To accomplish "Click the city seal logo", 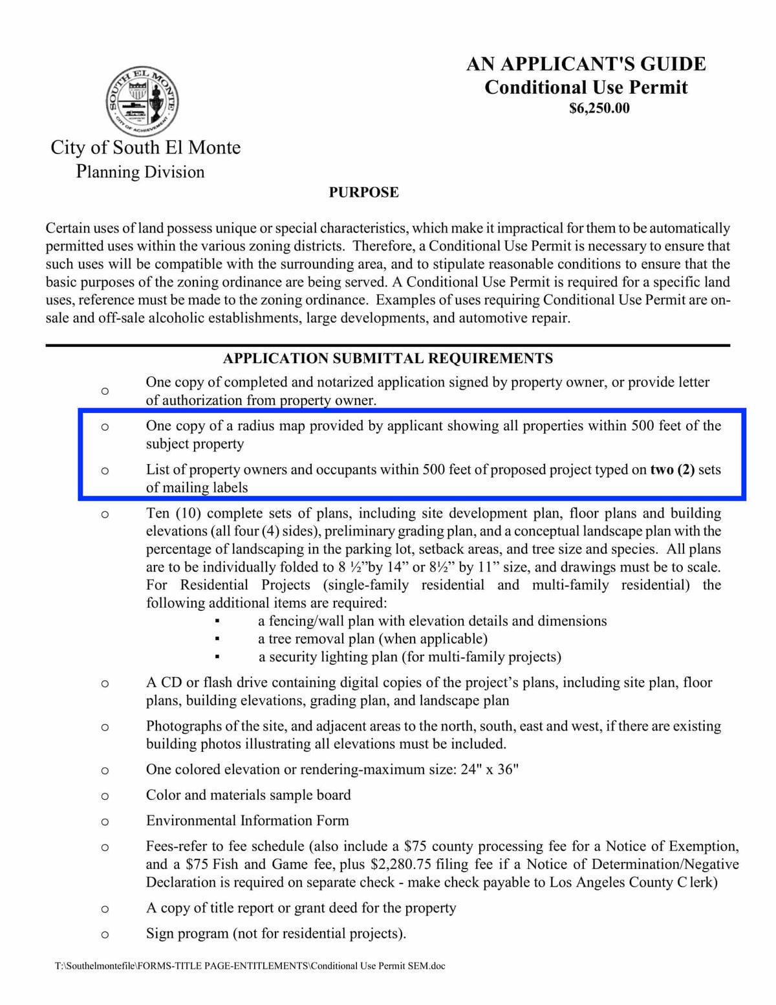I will pyautogui.click(x=142, y=102).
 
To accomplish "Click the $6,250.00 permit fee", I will pyautogui.click(x=599, y=108).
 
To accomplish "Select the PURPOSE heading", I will pyautogui.click(x=363, y=192).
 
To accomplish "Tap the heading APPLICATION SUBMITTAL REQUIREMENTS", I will pyautogui.click(x=387, y=359).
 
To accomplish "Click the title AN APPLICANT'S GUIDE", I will pyautogui.click(x=586, y=64).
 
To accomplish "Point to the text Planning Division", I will pyautogui.click(x=140, y=171).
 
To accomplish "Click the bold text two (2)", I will pyautogui.click(x=672, y=470).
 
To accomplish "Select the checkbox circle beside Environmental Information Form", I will pyautogui.click(x=105, y=822).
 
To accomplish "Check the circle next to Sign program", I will pyautogui.click(x=105, y=934).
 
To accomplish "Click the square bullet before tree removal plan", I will pyautogui.click(x=217, y=639).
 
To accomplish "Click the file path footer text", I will pyautogui.click(x=250, y=966).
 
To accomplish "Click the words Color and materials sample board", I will pyautogui.click(x=248, y=795).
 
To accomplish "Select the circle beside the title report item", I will pyautogui.click(x=105, y=909).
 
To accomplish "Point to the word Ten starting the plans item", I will pyautogui.click(x=157, y=513).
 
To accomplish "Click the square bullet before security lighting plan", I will pyautogui.click(x=217, y=657).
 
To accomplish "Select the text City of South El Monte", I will pyautogui.click(x=145, y=148).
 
